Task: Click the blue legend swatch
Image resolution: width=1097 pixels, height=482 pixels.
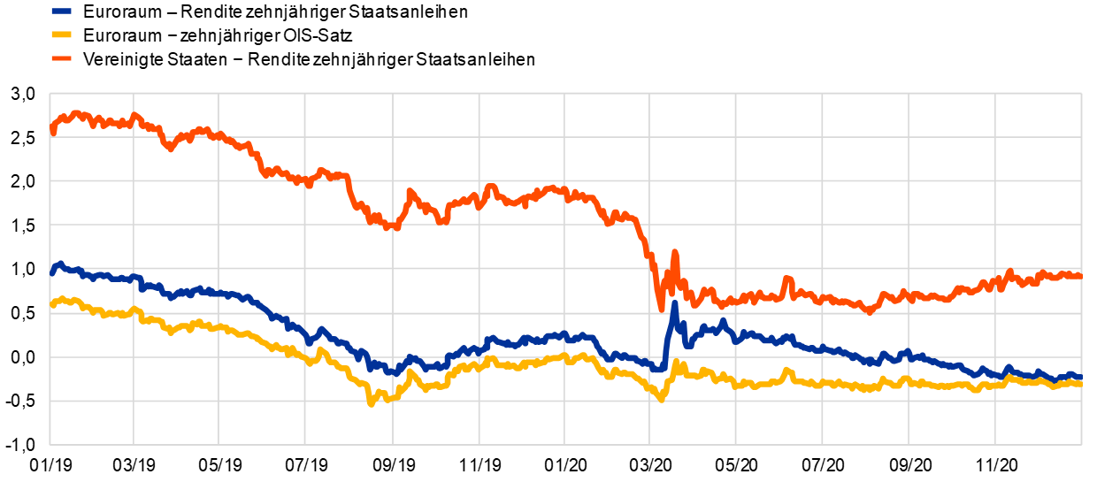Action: tap(61, 11)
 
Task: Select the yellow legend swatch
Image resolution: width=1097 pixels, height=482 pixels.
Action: tap(61, 34)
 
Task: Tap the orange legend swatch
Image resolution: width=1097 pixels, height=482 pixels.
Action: tap(61, 58)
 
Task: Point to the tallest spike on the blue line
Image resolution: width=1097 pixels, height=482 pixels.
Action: tap(674, 303)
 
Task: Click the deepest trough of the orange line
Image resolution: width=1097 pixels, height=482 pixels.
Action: tap(661, 309)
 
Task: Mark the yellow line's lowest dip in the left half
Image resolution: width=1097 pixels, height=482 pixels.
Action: tap(371, 403)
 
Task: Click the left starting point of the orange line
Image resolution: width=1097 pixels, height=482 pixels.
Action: tap(52, 132)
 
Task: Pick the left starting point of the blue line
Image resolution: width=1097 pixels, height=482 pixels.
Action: tap(51, 273)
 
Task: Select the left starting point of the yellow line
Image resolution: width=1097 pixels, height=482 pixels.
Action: tap(51, 306)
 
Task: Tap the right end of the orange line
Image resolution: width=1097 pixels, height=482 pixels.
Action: tap(1080, 276)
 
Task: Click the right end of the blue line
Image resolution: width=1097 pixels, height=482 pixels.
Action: tap(1080, 378)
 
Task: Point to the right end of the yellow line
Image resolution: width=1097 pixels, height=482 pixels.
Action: tap(1080, 383)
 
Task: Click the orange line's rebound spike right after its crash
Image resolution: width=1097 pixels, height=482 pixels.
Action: tap(674, 253)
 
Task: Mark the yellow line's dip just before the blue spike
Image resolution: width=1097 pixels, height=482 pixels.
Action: tap(661, 400)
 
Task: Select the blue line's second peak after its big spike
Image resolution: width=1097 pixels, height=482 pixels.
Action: tap(723, 321)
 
